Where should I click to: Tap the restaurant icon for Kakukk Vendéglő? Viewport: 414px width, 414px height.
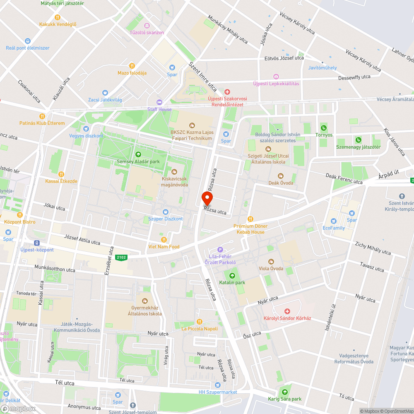58,17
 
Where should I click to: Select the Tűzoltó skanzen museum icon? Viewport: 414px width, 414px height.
147,26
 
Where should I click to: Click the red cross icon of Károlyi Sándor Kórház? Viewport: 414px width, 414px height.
287,311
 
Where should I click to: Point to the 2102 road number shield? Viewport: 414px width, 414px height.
122,258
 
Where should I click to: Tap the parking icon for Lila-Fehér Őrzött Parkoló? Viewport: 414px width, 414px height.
220,250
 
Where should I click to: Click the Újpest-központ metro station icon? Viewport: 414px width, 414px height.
37,243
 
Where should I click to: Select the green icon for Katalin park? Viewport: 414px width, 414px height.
232,275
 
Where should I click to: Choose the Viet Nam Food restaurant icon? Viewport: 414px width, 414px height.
164,240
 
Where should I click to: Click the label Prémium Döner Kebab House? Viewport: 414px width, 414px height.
250,229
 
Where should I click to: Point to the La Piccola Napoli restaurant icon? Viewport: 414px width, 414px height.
200,322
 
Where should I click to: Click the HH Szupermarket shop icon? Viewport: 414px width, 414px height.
218,385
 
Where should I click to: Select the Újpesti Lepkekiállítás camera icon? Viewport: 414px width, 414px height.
276,77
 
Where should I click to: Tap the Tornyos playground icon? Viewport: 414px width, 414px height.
324,128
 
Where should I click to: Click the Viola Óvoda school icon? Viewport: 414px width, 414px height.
271,261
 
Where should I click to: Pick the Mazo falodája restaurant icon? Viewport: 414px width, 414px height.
132,65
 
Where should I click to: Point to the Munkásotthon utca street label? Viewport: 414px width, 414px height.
55,270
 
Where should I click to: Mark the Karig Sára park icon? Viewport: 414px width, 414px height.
284,392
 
